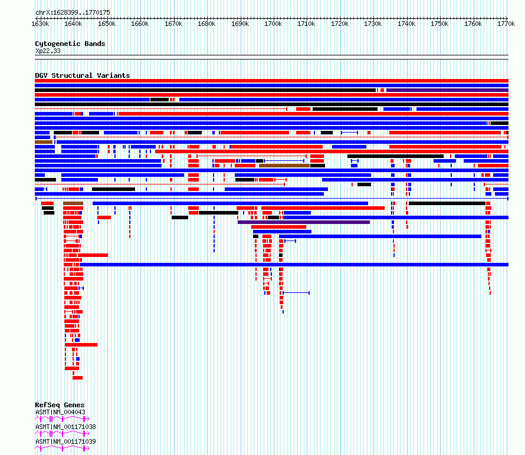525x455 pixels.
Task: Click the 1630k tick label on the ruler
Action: coord(40,24)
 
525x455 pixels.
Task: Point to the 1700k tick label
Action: coord(273,24)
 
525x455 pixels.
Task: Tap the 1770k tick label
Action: coord(506,24)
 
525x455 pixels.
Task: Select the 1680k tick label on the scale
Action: coord(206,24)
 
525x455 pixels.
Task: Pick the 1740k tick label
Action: coord(406,24)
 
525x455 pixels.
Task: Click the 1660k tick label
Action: coord(140,24)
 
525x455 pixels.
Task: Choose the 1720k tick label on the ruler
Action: coord(340,24)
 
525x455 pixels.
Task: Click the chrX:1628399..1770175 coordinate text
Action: coord(73,12)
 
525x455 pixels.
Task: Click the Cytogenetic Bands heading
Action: coord(70,44)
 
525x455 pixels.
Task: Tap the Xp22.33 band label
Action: coord(48,51)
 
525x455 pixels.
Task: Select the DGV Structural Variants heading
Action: coord(83,75)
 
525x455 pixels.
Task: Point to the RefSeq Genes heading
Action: coord(60,405)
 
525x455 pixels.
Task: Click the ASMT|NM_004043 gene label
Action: coord(60,412)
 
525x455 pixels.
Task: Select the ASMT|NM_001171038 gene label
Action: coord(65,427)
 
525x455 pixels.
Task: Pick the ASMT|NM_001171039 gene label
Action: coord(65,441)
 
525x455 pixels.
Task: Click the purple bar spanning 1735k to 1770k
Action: coord(447,90)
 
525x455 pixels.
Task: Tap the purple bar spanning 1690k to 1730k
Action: coord(304,222)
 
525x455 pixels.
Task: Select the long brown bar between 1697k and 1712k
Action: coord(284,166)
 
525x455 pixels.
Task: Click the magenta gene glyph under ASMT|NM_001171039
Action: coord(63,448)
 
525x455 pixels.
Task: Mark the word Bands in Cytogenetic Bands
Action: coord(95,44)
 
